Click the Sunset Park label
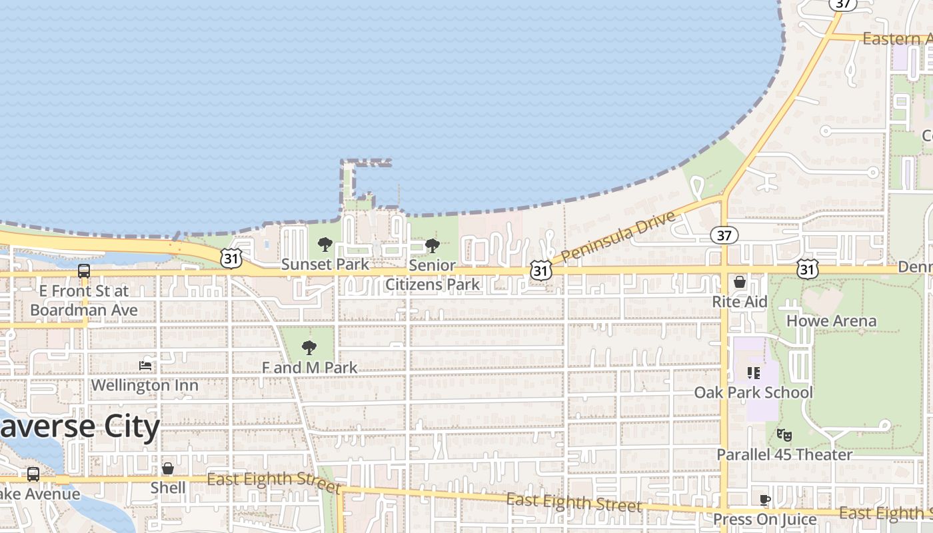[x=325, y=265]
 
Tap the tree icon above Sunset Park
[x=325, y=245]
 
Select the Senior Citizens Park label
[x=433, y=274]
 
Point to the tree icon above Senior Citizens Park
[x=432, y=246]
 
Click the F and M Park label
[x=309, y=368]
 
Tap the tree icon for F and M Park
[x=309, y=347]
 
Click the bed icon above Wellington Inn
[x=145, y=365]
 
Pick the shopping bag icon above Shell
[x=168, y=468]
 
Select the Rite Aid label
[x=740, y=302]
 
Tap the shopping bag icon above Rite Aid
[x=740, y=282]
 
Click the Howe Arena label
[x=831, y=321]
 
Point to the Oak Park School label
[x=753, y=392]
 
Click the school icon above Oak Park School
[x=754, y=372]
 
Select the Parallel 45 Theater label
[x=784, y=454]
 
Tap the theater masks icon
[x=784, y=435]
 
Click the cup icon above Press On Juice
[x=765, y=500]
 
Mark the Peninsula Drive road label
[x=618, y=236]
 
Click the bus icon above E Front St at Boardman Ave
[x=84, y=271]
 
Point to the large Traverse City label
[x=80, y=427]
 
